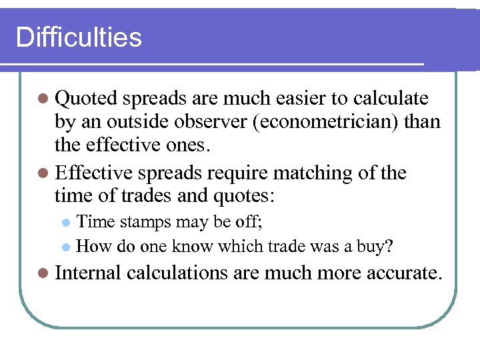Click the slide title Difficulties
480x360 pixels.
[79, 37]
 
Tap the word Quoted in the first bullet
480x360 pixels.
[85, 99]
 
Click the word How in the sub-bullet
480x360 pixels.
[92, 246]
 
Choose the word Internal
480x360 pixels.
[87, 272]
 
